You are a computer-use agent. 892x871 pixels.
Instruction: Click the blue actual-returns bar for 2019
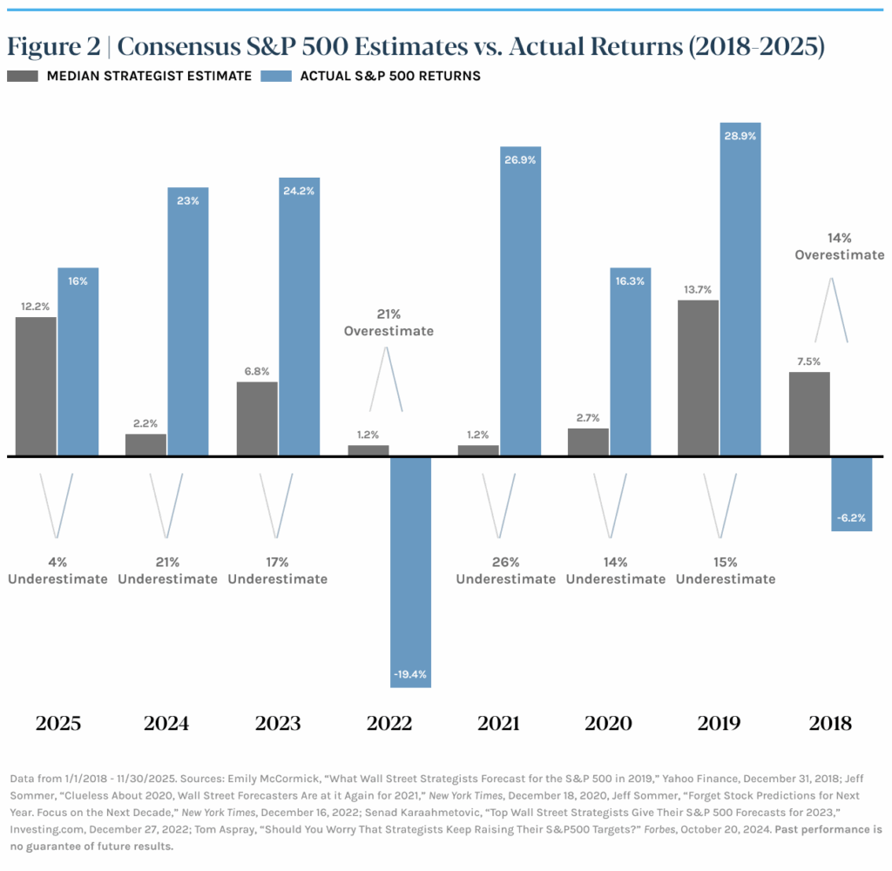pos(740,288)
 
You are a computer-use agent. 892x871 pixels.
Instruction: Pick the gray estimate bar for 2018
pos(808,414)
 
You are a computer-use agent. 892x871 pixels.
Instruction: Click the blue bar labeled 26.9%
pos(520,300)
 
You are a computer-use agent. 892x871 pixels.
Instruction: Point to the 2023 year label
pos(278,723)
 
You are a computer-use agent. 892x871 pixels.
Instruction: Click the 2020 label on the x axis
pos(608,723)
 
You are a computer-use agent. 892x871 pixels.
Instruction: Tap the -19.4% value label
pos(410,673)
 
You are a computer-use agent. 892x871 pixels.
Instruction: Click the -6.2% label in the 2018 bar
pos(851,517)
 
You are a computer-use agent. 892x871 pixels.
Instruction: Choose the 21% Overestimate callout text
pos(389,322)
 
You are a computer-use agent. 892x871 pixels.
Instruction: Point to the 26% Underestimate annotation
pos(505,571)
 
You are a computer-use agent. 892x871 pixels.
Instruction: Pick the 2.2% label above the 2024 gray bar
pos(145,422)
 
